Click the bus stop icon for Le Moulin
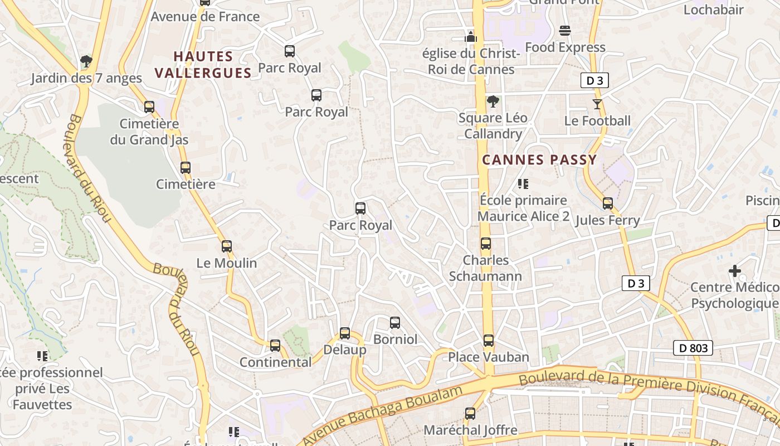[x=227, y=246]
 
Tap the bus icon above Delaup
[x=345, y=333]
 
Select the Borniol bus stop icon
[x=395, y=323]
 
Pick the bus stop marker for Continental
[x=275, y=346]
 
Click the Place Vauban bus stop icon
[x=489, y=341]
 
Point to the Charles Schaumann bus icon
[x=486, y=244]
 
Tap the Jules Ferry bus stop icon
[x=608, y=203]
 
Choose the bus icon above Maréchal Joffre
[x=470, y=414]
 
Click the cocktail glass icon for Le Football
[x=597, y=104]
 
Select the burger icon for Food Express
[x=565, y=31]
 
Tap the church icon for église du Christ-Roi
[x=471, y=37]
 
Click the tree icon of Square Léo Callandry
[x=493, y=101]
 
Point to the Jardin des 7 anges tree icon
[x=86, y=61]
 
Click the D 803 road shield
[x=693, y=348]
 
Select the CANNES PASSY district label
[x=539, y=160]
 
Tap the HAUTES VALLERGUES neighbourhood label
[x=203, y=65]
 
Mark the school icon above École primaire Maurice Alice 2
[x=523, y=183]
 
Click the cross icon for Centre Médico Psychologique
[x=735, y=272]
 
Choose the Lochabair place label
[x=713, y=9]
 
